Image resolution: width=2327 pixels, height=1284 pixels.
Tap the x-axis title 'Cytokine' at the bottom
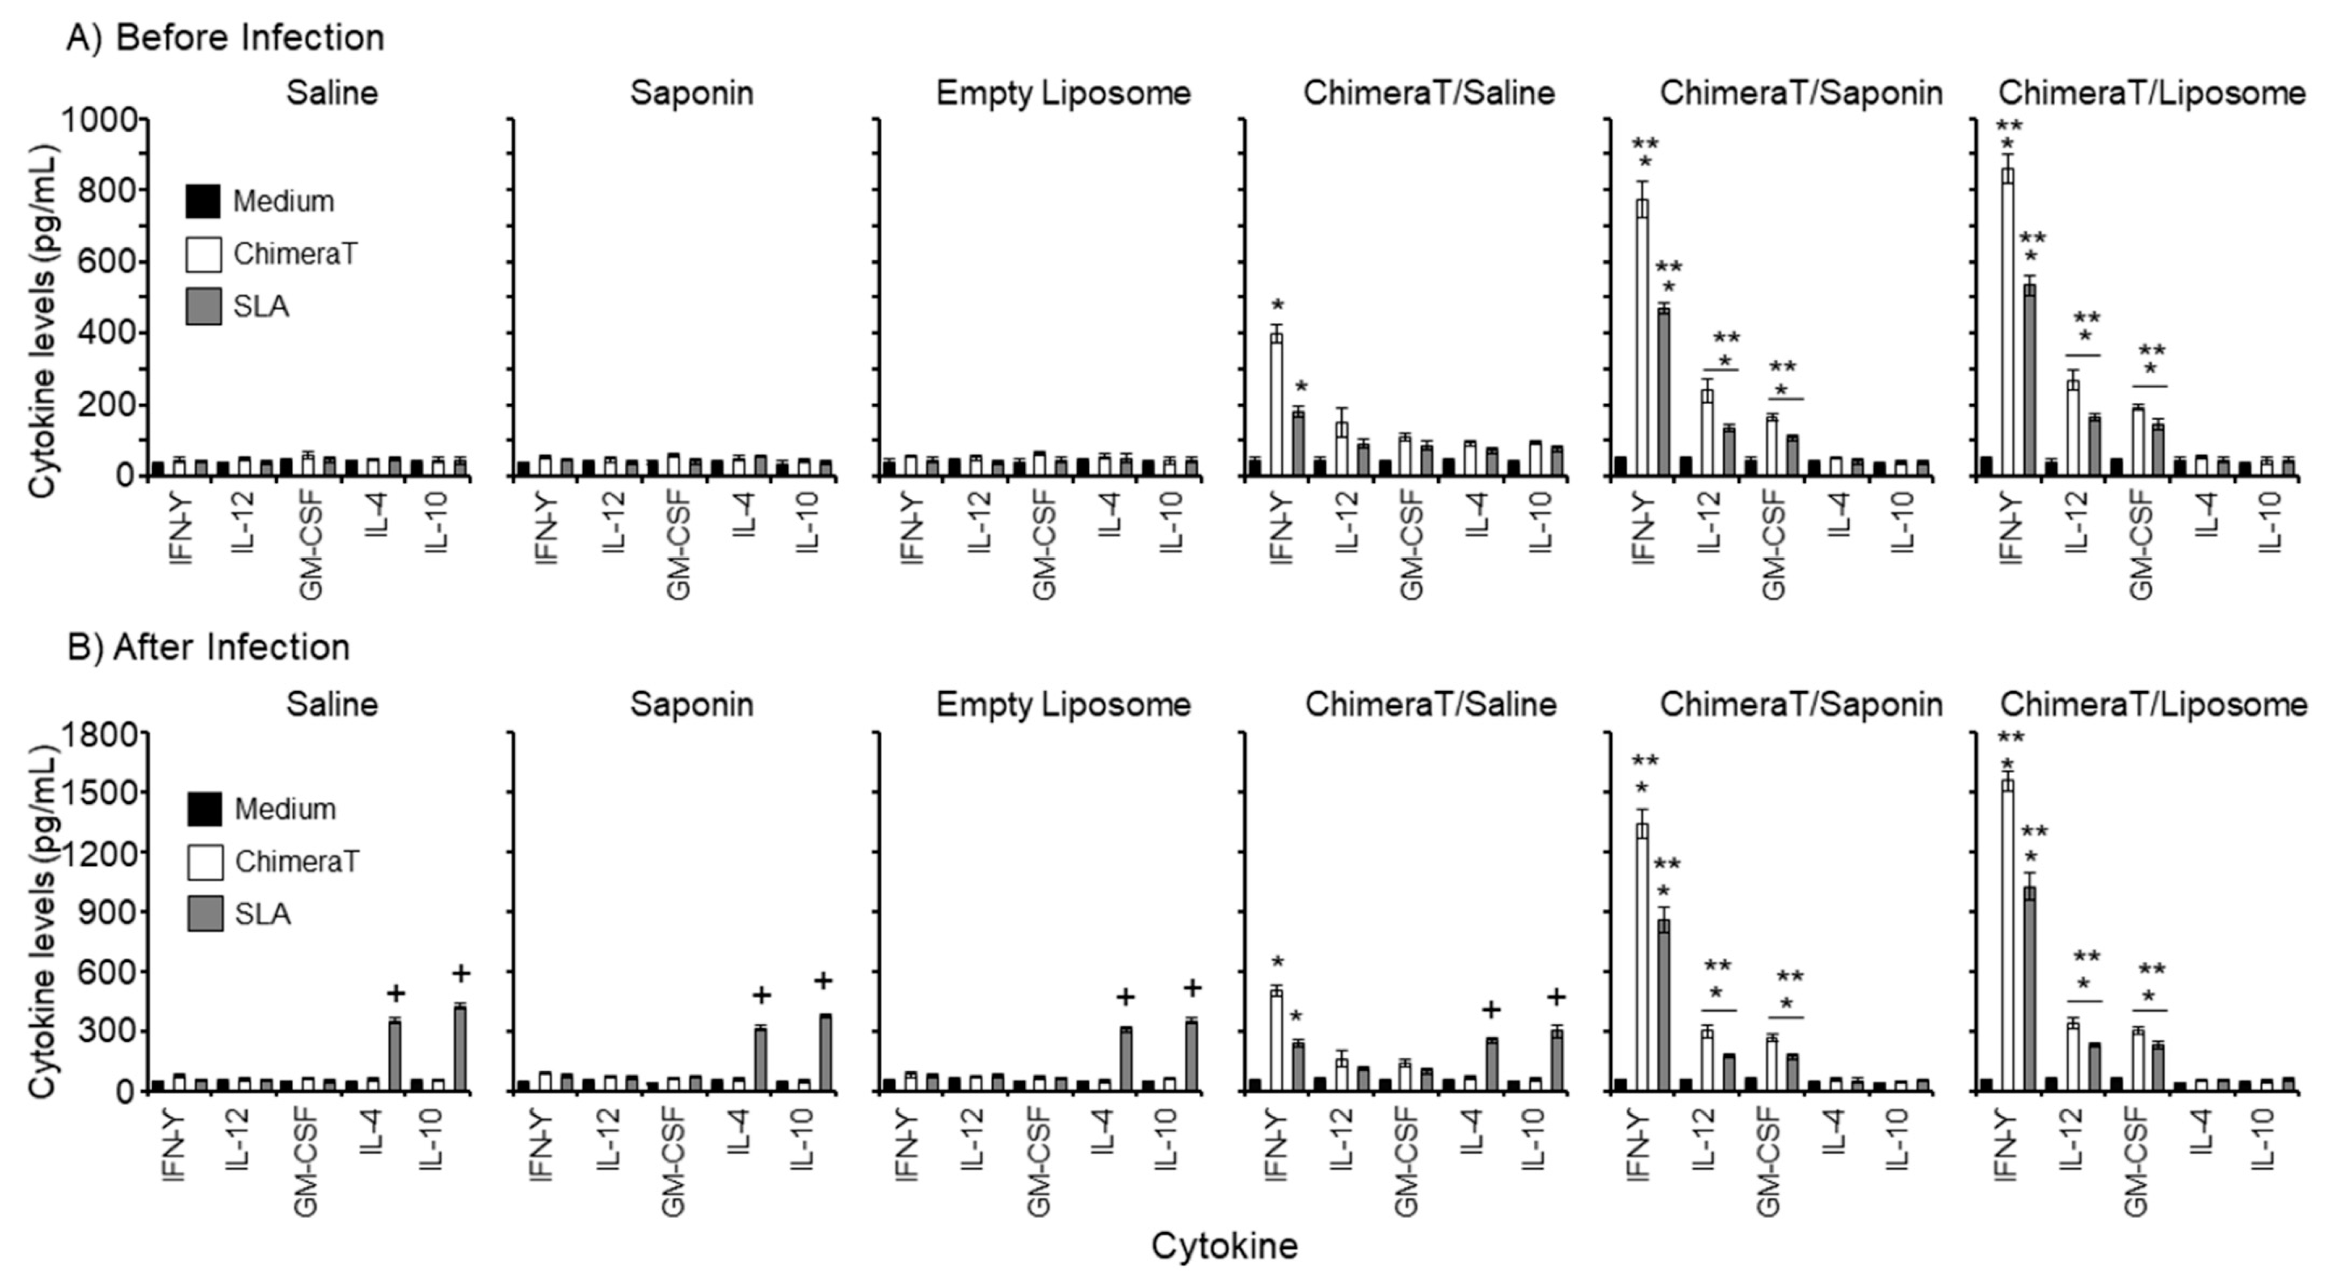pyautogui.click(x=1224, y=1246)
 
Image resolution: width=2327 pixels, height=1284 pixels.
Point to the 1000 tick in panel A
pyautogui.click(x=99, y=119)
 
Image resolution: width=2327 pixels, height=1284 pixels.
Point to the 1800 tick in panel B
pyautogui.click(x=99, y=734)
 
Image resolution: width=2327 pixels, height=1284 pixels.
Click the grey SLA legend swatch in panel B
pyautogui.click(x=204, y=914)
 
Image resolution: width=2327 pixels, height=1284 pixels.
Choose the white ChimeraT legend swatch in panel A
pyautogui.click(x=203, y=254)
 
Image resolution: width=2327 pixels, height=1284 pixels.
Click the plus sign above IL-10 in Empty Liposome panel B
pyautogui.click(x=1192, y=988)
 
